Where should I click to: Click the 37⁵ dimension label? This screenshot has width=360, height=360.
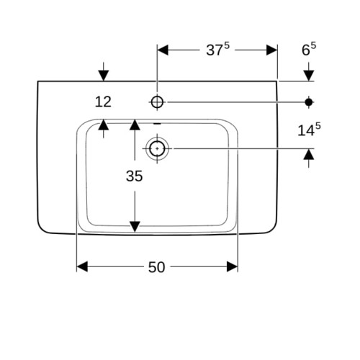(217, 50)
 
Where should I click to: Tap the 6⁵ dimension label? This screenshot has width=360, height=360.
(309, 49)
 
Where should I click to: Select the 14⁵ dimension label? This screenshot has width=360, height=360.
(309, 130)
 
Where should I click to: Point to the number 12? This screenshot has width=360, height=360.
(103, 102)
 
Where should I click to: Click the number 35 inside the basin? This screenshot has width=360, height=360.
(134, 176)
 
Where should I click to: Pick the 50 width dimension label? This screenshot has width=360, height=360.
(156, 267)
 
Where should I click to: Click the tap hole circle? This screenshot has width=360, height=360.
(157, 102)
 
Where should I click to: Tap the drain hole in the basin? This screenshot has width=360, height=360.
(157, 148)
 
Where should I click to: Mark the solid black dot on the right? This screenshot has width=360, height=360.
(309, 102)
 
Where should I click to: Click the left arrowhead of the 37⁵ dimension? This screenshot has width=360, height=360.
(163, 50)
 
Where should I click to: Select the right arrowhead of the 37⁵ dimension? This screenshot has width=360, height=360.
(272, 50)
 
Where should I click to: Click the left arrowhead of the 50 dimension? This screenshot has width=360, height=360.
(82, 266)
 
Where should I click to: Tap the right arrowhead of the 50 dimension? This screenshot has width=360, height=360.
(232, 266)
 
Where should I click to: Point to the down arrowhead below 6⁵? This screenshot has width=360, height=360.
(309, 76)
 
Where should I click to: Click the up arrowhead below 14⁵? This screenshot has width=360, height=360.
(309, 154)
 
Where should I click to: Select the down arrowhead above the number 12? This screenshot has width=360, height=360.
(104, 76)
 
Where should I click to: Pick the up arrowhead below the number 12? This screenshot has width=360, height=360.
(104, 125)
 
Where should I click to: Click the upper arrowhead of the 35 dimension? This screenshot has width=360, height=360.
(135, 125)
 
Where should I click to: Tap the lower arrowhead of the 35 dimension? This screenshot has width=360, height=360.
(135, 227)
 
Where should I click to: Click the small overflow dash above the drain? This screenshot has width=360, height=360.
(157, 124)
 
